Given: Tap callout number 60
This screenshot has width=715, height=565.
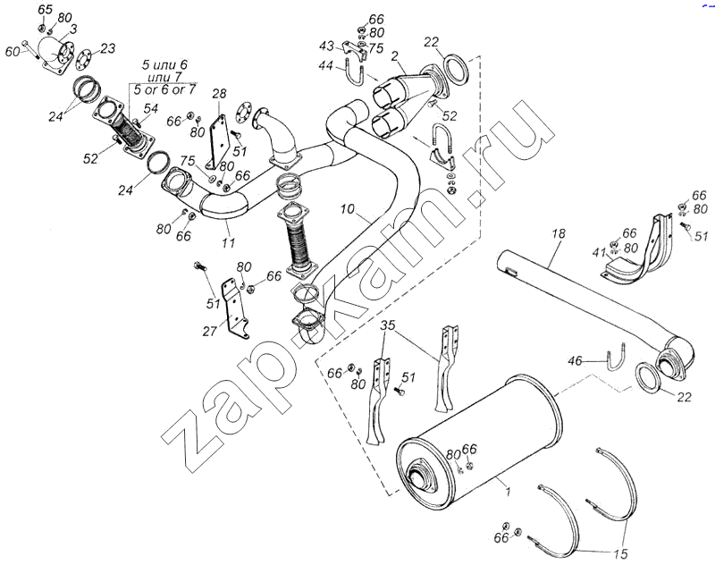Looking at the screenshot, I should coord(12,52).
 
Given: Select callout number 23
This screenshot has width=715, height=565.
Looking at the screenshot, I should coord(108,48).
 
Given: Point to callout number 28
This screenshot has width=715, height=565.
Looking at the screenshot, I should coord(220,93).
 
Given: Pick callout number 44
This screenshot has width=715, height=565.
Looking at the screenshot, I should coord(327,65).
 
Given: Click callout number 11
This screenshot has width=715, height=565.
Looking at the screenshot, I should coord(229,242).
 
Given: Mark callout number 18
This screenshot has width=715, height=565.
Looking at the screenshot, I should coord(559,234).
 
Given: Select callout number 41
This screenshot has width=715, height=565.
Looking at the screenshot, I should coord(599,253).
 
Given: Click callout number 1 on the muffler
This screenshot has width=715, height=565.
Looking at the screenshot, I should coord(509,488).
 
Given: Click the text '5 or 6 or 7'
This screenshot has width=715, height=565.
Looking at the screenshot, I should coord(165,90).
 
